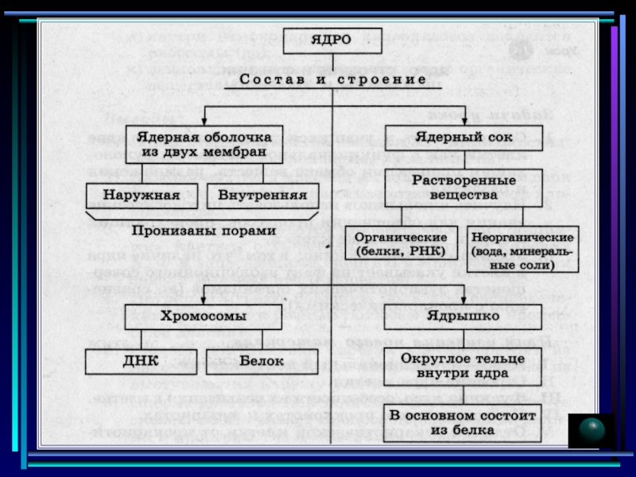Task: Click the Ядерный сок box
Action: (x=463, y=136)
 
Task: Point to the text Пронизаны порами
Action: (x=204, y=231)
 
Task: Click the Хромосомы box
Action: (x=204, y=316)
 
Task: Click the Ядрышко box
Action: (x=463, y=316)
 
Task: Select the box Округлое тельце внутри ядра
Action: (x=463, y=365)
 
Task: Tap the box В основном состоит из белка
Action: (x=463, y=422)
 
